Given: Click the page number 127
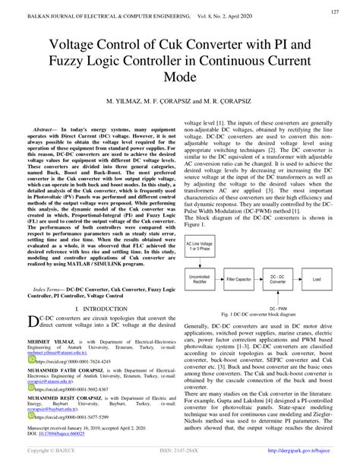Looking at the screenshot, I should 334,11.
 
